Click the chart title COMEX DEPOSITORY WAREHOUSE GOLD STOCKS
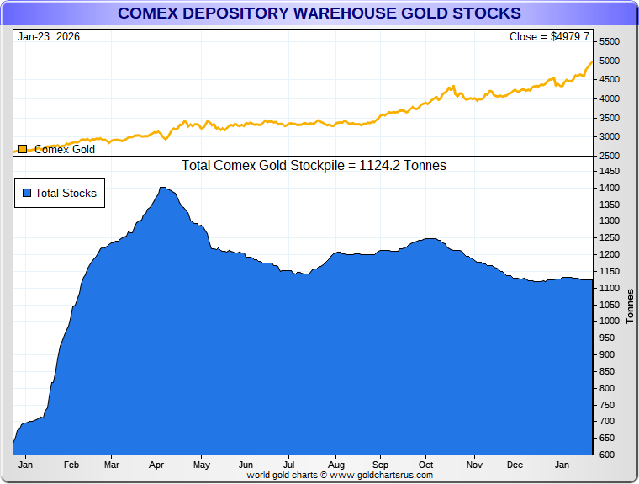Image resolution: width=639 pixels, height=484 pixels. pos(319,13)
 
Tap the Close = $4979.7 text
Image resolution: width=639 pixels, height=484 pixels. pos(550,37)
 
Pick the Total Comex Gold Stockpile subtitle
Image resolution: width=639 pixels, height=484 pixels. pos(314,166)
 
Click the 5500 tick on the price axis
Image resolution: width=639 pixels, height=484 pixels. pos(610,42)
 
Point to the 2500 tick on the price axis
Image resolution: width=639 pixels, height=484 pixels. pos(610,156)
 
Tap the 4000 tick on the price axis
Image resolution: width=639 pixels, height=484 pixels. pos(610,98)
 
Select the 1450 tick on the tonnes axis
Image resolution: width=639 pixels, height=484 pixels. pos(610,171)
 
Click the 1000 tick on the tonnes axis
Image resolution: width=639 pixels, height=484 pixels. pos(610,321)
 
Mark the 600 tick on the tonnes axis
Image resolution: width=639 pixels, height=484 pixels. pos(607,455)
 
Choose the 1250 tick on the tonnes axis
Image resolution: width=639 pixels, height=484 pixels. pos(610,237)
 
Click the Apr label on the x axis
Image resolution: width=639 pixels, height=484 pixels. pos(156,465)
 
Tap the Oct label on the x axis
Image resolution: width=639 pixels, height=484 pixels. pos(425,465)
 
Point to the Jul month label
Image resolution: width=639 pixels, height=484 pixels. pos(288,465)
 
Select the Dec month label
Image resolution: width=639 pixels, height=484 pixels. pos(515,465)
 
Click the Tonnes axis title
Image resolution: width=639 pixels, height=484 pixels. pos(630,306)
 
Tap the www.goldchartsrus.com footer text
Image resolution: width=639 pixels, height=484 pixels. pos(381,476)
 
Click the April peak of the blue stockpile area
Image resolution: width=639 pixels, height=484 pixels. pos(163,188)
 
